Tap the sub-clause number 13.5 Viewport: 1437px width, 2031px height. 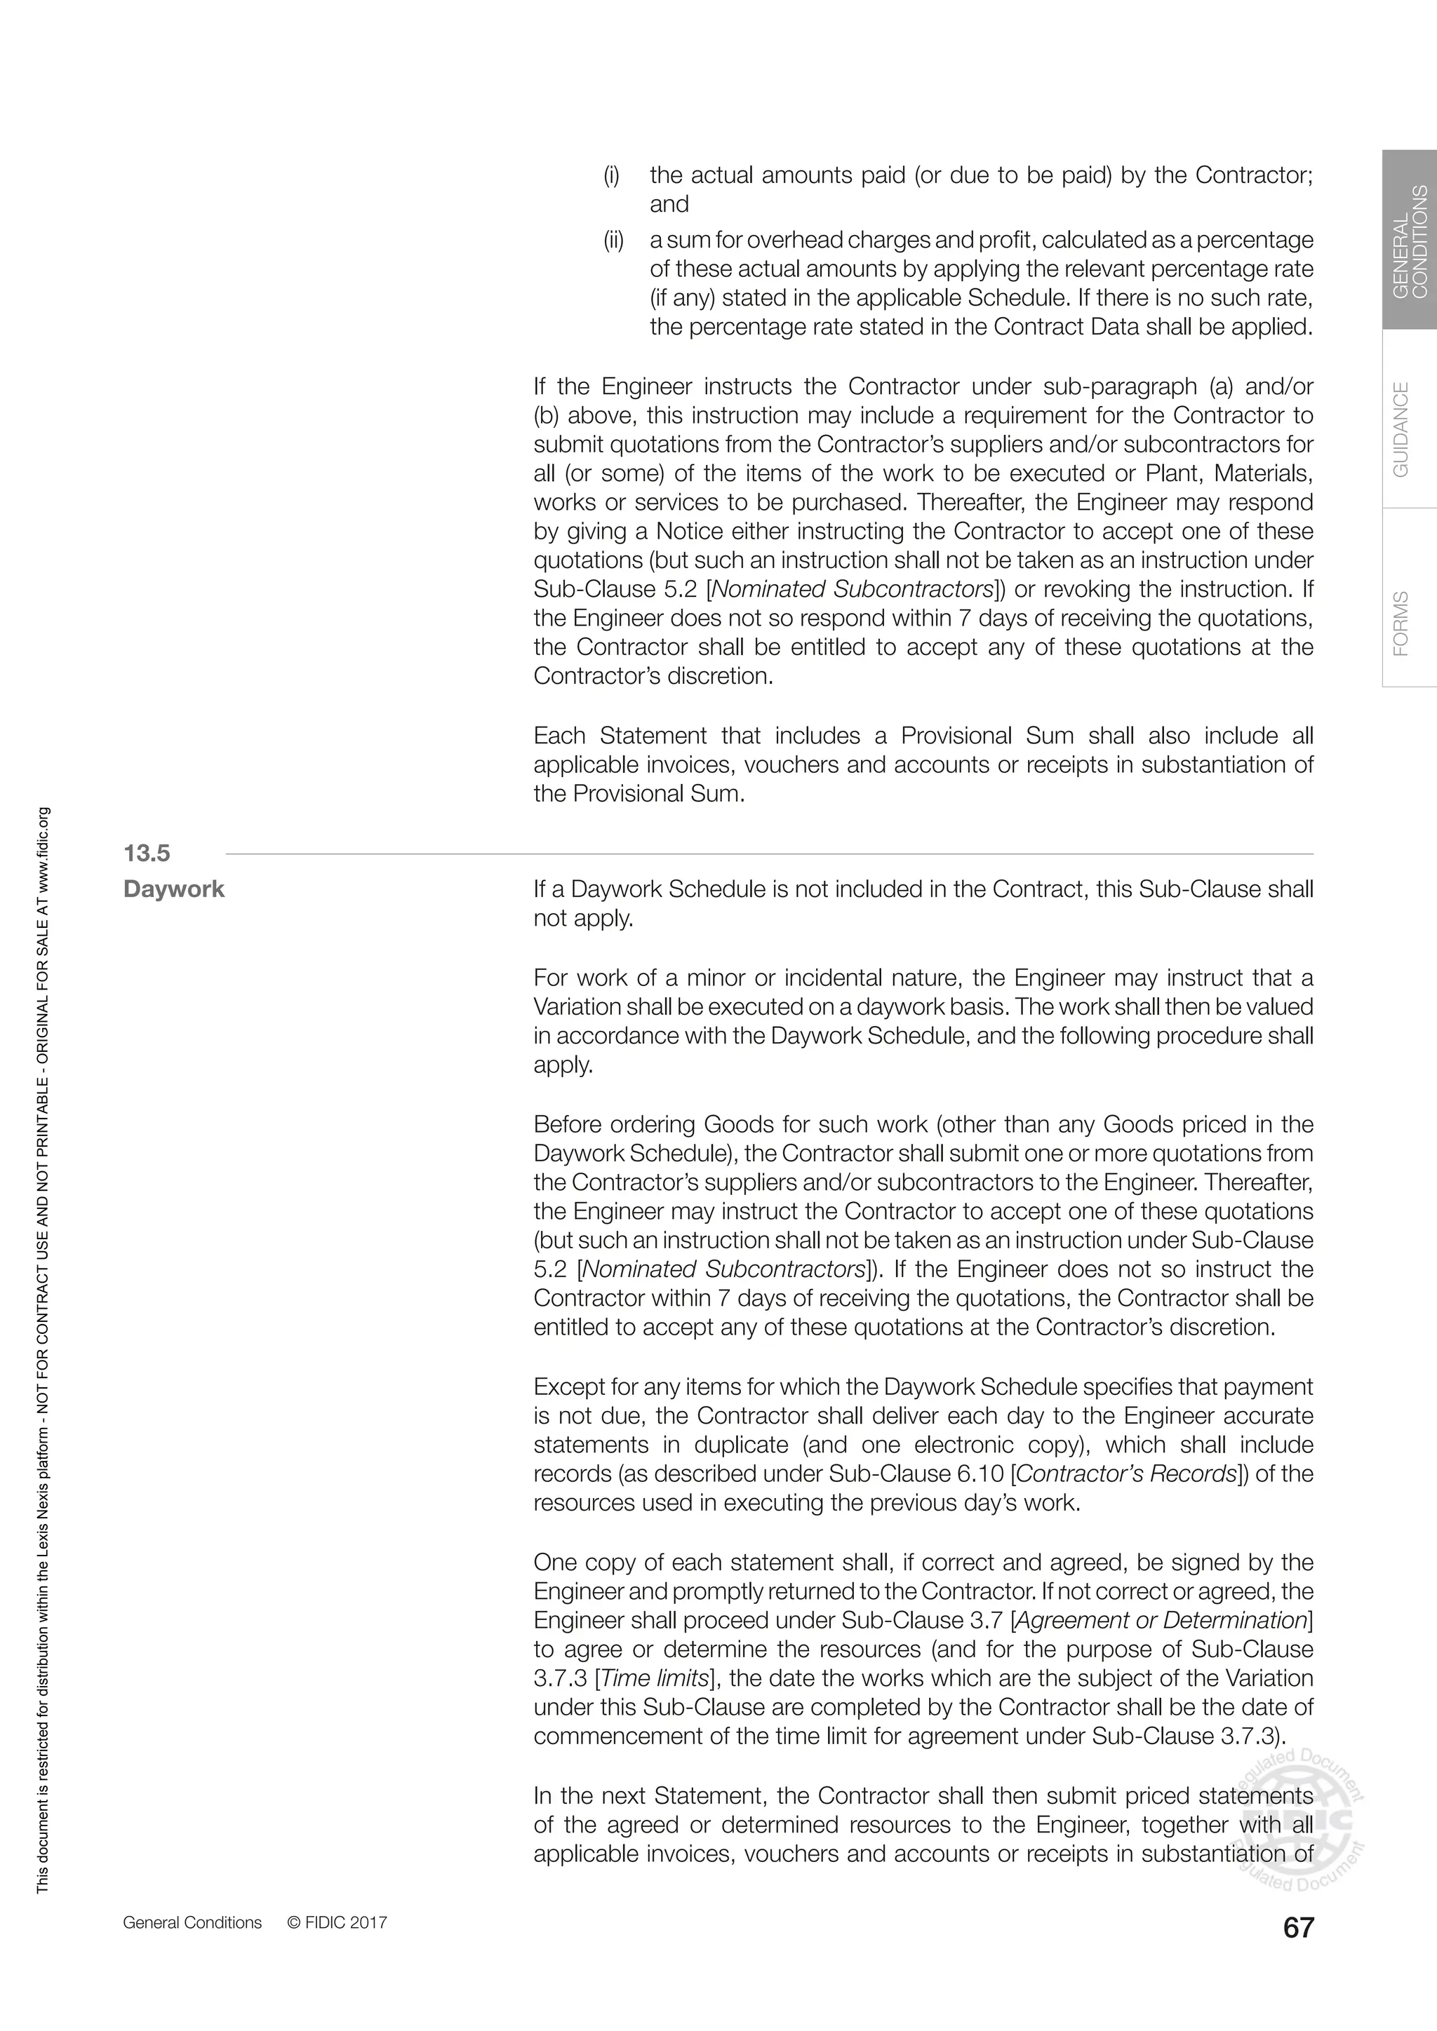(x=146, y=853)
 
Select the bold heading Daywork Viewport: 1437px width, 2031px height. (x=174, y=889)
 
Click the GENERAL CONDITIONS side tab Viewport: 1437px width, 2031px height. (x=1410, y=241)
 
